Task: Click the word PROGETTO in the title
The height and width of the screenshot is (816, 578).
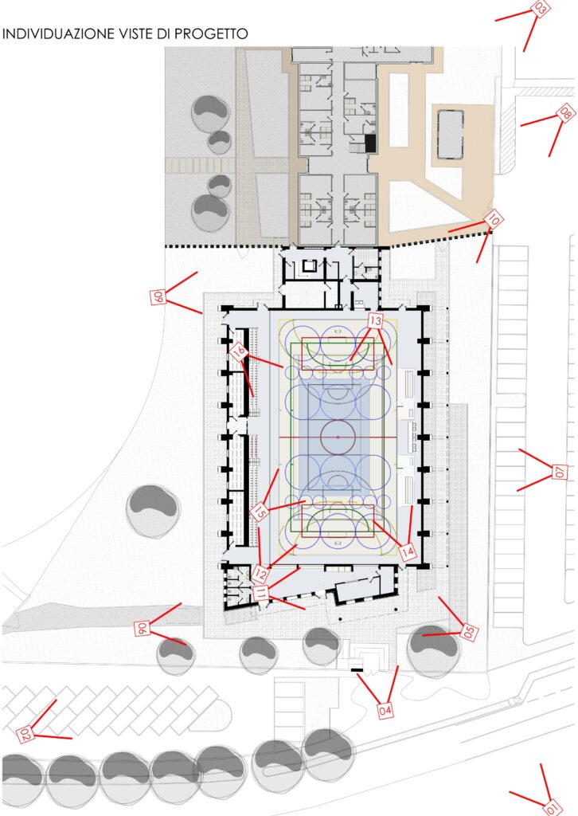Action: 211,33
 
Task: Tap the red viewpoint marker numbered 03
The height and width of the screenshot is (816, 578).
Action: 541,8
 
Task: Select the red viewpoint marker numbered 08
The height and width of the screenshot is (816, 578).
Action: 565,112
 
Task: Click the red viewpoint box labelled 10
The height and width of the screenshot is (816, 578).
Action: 494,220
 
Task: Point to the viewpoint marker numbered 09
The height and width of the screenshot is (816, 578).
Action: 158,296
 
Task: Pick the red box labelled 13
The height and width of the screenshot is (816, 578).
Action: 375,320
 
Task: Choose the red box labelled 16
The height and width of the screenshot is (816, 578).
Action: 239,352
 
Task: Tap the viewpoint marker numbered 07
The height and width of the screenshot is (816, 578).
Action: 559,472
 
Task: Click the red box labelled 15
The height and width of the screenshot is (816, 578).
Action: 260,511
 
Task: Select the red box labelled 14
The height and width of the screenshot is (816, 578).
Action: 408,551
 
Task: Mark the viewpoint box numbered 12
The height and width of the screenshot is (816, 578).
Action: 260,574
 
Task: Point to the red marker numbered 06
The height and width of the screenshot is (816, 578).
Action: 142,629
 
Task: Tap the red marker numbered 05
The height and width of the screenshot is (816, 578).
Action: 469,632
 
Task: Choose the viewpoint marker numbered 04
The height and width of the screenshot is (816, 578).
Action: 385,710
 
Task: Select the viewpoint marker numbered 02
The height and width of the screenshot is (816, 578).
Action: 25,734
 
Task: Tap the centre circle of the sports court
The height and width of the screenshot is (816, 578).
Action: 338,437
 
